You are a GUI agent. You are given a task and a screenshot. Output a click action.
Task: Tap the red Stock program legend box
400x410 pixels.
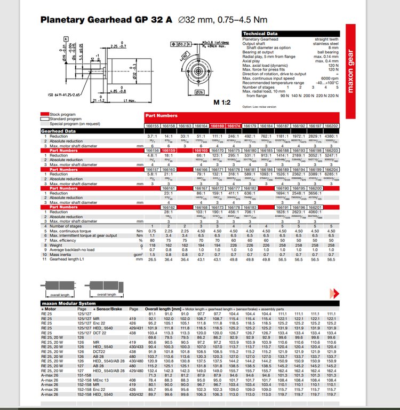point(45,114)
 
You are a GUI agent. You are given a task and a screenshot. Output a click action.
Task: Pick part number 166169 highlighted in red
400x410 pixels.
point(217,126)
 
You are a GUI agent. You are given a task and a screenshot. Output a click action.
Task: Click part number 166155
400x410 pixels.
point(153,126)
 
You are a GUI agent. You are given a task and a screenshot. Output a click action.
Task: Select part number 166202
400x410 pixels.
point(331,126)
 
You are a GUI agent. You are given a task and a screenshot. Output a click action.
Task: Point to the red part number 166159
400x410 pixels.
point(169,151)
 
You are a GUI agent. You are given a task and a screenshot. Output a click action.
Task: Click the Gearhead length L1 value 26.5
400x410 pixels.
point(153,259)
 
